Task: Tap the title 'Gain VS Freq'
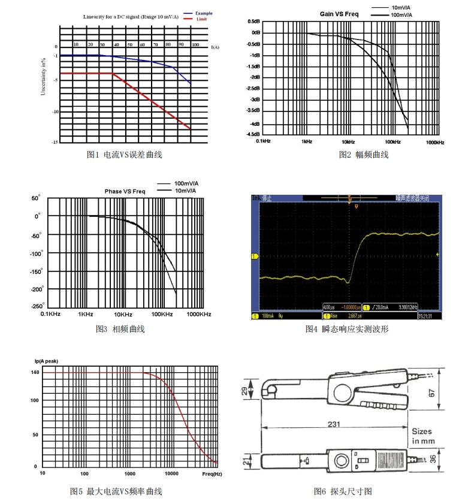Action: [x=339, y=14]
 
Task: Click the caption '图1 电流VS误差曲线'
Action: [x=125, y=155]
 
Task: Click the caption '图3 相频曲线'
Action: [x=120, y=329]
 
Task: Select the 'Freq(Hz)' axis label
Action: [x=212, y=473]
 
